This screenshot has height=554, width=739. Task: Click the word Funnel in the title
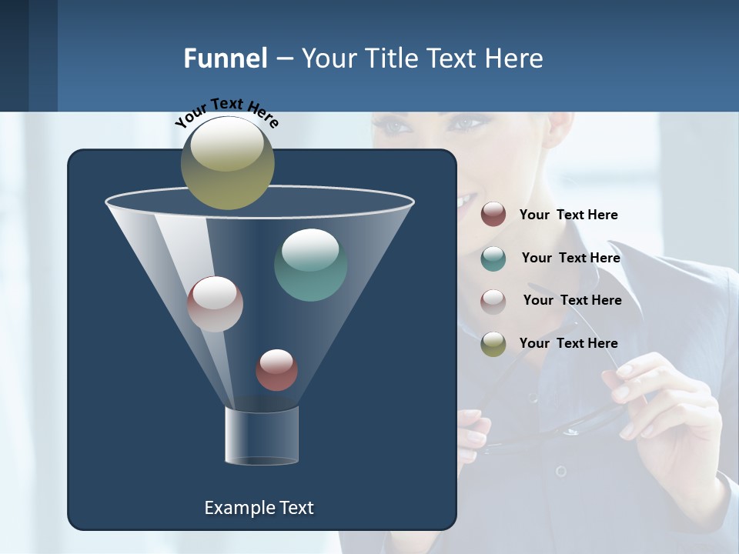click(x=226, y=58)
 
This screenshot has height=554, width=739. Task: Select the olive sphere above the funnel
click(x=228, y=162)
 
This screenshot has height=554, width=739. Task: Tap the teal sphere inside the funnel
click(x=310, y=265)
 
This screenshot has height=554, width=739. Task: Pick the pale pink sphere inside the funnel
click(x=215, y=304)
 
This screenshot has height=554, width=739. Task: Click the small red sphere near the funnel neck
click(x=276, y=370)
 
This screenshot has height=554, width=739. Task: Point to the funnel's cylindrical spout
click(x=262, y=436)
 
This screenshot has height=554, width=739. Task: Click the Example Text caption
click(x=259, y=508)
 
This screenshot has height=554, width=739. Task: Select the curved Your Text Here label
click(x=226, y=112)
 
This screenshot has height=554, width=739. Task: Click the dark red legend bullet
click(x=493, y=214)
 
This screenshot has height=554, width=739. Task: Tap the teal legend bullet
click(x=493, y=259)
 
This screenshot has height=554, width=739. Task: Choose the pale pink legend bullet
click(x=493, y=301)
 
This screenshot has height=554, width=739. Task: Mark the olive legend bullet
click(x=493, y=344)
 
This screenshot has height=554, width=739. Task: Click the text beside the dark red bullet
click(x=568, y=215)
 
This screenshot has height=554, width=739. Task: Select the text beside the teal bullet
click(x=570, y=258)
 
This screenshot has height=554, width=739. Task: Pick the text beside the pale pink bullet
click(x=572, y=300)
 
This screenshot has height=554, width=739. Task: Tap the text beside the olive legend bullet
click(x=568, y=343)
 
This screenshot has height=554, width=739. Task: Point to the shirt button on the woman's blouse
click(x=561, y=470)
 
